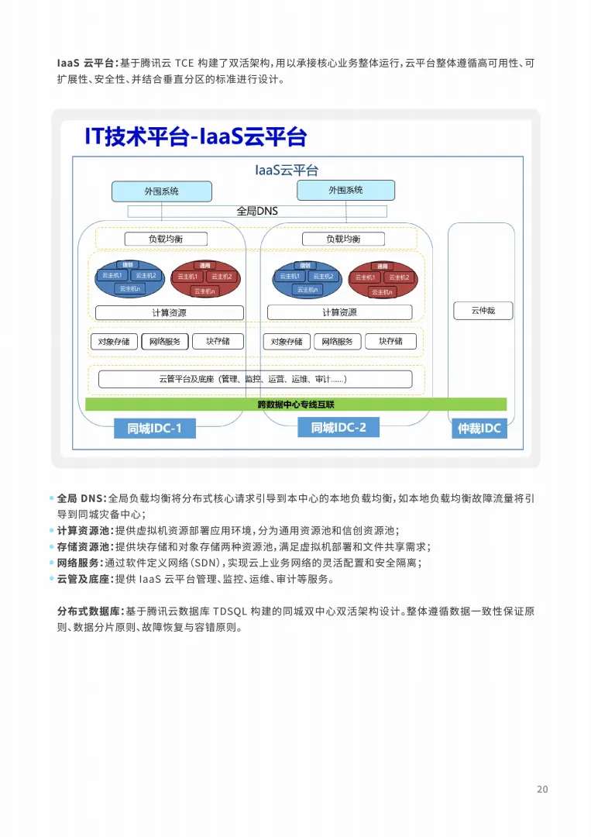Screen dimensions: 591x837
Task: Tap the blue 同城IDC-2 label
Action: click(338, 427)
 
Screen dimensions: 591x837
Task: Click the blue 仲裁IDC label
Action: click(480, 428)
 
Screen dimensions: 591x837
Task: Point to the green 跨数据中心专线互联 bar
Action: click(295, 405)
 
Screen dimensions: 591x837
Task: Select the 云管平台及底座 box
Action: click(255, 379)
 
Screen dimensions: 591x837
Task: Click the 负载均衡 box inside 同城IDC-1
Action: click(167, 239)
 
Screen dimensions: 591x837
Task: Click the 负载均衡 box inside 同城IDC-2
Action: click(343, 239)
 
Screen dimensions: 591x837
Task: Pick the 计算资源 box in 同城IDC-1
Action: click(169, 313)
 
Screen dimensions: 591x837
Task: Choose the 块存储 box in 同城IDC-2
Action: click(390, 342)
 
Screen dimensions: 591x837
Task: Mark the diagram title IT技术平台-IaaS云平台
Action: click(196, 137)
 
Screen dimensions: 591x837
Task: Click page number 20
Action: click(542, 789)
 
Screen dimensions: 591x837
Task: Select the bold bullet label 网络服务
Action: click(78, 563)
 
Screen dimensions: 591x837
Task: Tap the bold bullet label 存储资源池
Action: click(84, 546)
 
